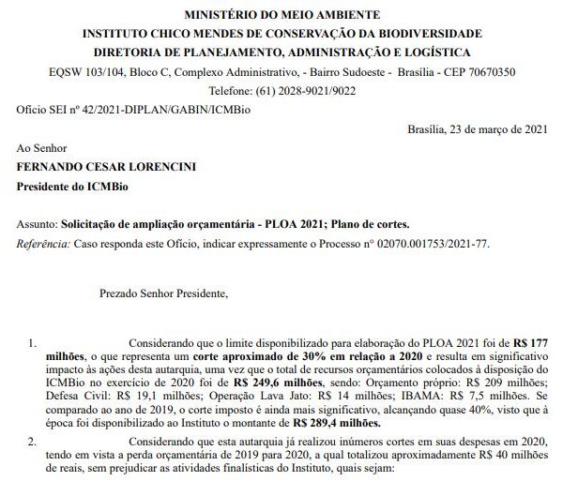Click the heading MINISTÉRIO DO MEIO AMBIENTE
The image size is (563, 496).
click(x=281, y=15)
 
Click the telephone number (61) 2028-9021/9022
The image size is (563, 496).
click(x=310, y=90)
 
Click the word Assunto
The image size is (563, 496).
click(x=37, y=226)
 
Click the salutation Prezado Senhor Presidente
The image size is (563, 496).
click(x=163, y=293)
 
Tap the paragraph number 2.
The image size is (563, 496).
click(x=32, y=440)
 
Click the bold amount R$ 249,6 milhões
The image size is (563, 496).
click(x=277, y=383)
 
